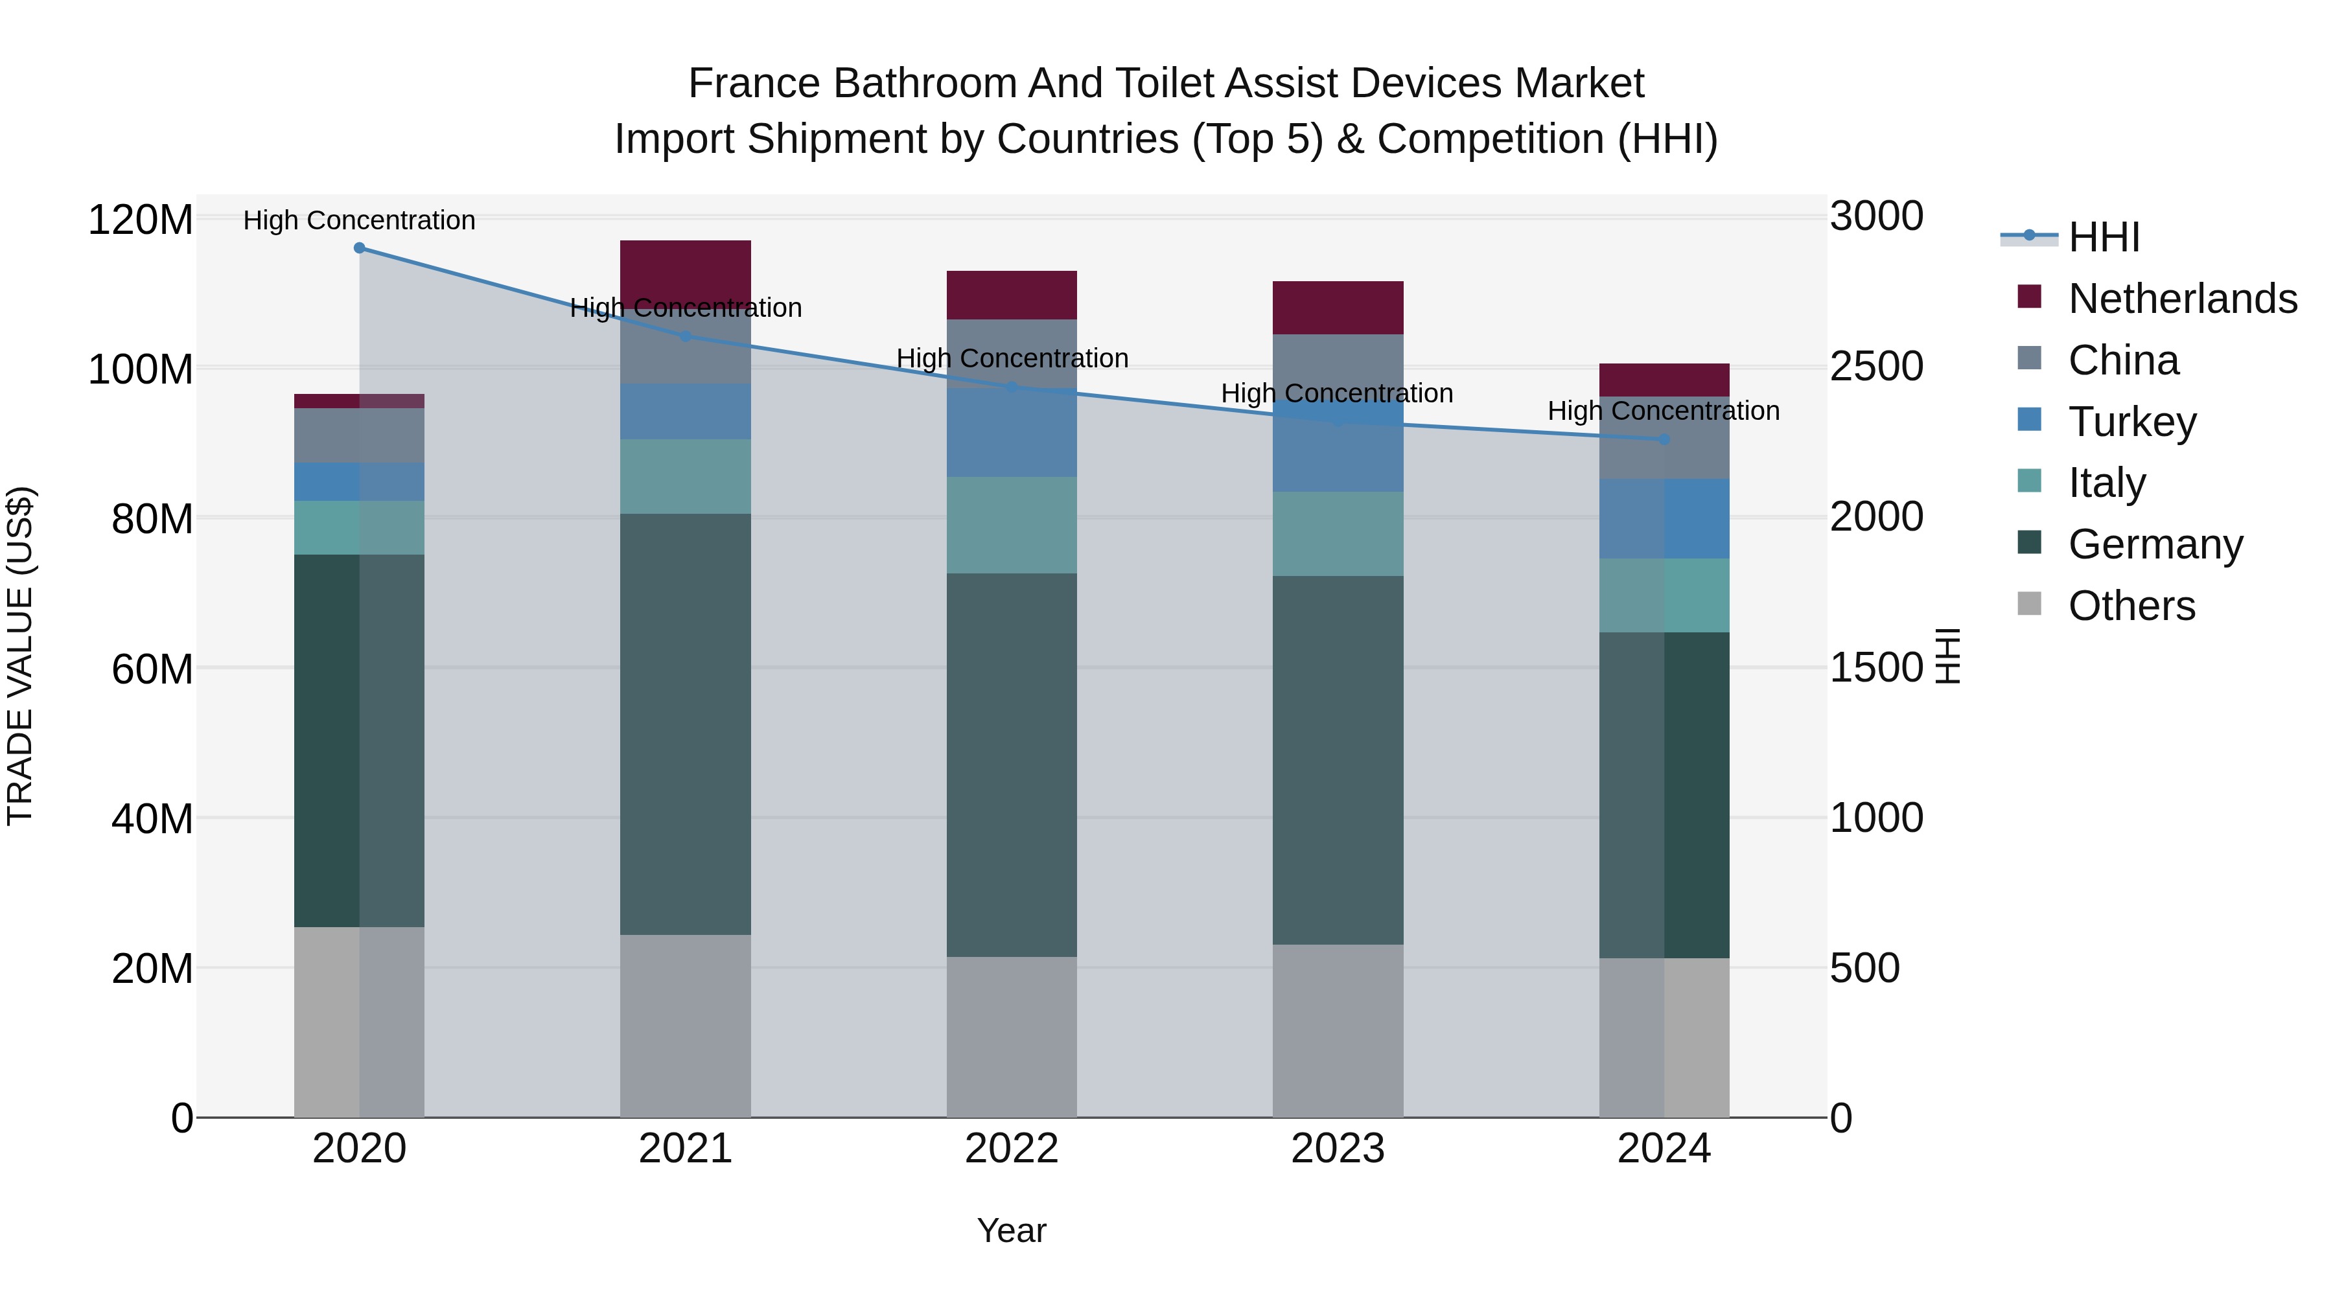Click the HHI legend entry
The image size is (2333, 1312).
pyautogui.click(x=2103, y=237)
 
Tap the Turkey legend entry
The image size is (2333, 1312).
pyautogui.click(x=2132, y=422)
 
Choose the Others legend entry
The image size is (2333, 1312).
pyautogui.click(x=2131, y=606)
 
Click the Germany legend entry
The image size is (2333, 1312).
pyautogui.click(x=2155, y=544)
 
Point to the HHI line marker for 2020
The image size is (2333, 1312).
pyautogui.click(x=360, y=248)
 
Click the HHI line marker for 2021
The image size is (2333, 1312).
pyautogui.click(x=686, y=336)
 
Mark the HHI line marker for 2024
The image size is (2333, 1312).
pyautogui.click(x=1664, y=439)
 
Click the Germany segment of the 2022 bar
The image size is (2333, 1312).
pyautogui.click(x=1012, y=765)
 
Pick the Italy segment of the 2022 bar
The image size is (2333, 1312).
pyautogui.click(x=1012, y=525)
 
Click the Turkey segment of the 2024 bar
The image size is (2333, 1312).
pyautogui.click(x=1664, y=519)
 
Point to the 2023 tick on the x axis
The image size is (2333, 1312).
pyautogui.click(x=1338, y=1149)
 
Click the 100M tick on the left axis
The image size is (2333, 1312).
pyautogui.click(x=141, y=369)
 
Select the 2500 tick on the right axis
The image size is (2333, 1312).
pyautogui.click(x=1875, y=367)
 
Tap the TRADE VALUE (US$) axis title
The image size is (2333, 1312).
pyautogui.click(x=21, y=656)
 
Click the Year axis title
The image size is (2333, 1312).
pyautogui.click(x=1012, y=1230)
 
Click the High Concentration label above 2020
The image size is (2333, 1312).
pyautogui.click(x=360, y=220)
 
